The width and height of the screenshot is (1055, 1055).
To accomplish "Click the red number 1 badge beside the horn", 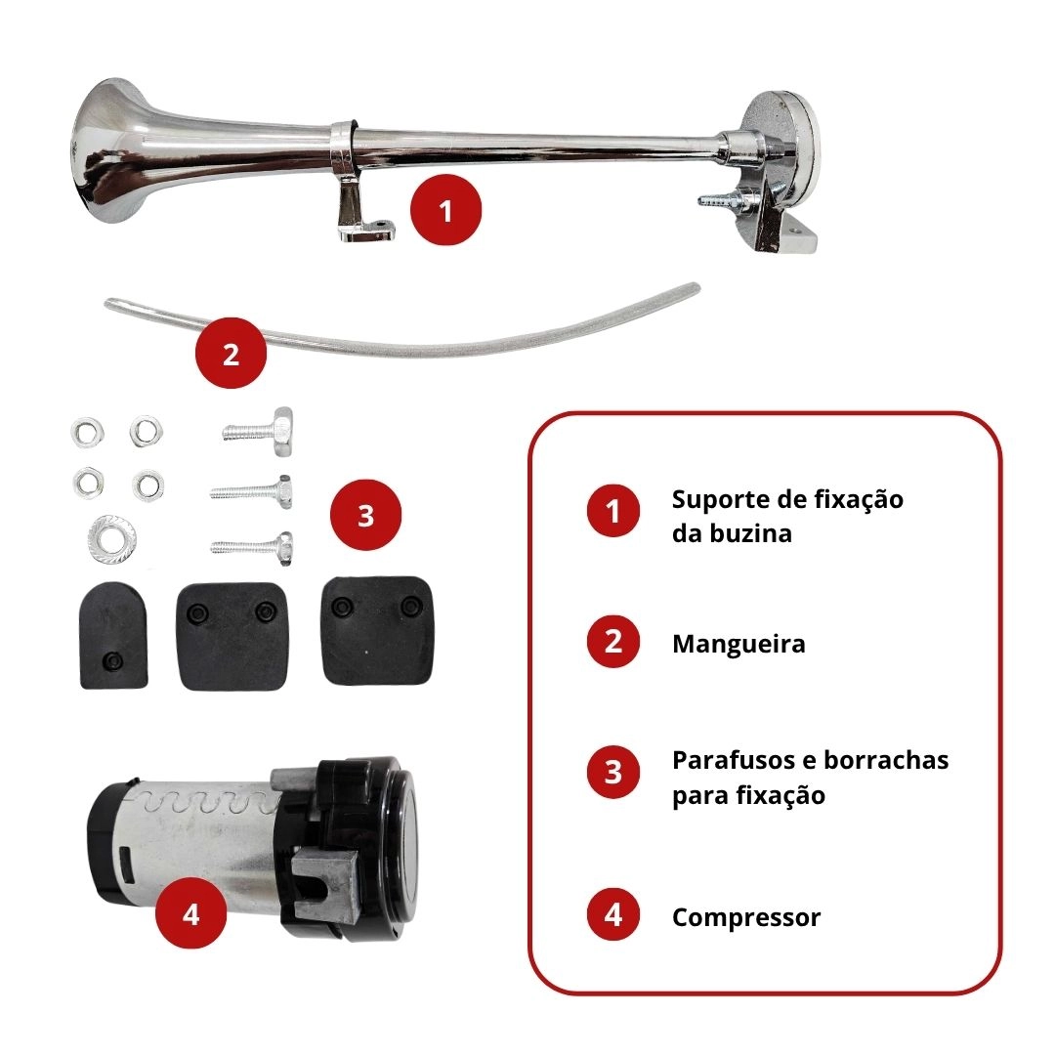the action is (445, 210).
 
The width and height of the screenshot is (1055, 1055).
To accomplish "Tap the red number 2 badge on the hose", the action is (231, 354).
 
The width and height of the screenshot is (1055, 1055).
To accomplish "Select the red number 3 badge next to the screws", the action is (365, 516).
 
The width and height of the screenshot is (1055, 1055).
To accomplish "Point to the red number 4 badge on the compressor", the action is (191, 913).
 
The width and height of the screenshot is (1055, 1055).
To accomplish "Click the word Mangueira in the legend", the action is (738, 644).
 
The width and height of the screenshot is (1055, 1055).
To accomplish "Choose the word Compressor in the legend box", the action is (746, 917).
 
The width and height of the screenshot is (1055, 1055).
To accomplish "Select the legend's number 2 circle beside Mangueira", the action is (612, 641).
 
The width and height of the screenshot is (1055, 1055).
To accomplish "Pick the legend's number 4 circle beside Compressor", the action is (612, 915).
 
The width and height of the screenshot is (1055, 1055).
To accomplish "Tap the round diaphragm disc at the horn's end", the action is (783, 168).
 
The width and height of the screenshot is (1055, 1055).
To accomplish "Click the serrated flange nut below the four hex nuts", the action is (111, 536).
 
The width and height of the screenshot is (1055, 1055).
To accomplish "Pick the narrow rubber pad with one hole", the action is (113, 635).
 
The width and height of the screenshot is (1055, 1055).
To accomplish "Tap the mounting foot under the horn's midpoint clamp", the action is (362, 215).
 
